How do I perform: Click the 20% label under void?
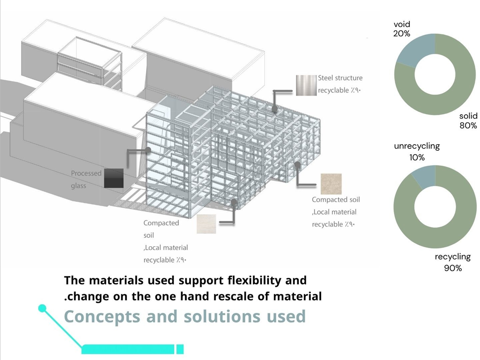click(x=402, y=33)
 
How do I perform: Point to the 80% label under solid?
click(x=468, y=126)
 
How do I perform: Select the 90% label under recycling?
click(x=452, y=268)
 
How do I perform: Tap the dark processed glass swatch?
click(x=114, y=178)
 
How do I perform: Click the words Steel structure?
click(x=340, y=78)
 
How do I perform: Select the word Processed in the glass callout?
click(x=86, y=173)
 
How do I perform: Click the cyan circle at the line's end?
click(x=42, y=309)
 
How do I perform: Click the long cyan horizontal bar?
click(x=128, y=349)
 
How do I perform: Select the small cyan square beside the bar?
click(x=180, y=349)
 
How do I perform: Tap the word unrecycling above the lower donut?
click(x=417, y=146)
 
